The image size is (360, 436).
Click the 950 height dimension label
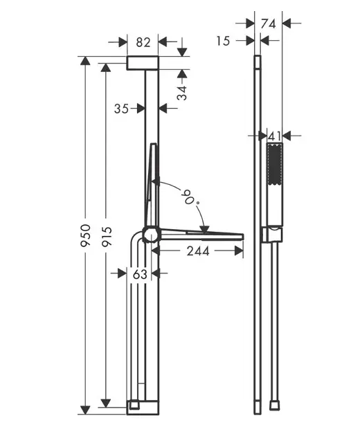(85, 235)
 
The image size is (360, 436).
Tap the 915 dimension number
(107, 237)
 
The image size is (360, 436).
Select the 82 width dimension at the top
(143, 42)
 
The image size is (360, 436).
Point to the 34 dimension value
(183, 93)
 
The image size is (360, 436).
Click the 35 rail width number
(121, 109)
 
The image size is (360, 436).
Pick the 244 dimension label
(198, 251)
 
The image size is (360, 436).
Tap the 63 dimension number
(140, 274)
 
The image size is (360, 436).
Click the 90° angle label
(191, 197)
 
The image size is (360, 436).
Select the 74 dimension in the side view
(268, 24)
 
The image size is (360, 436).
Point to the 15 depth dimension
(223, 41)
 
